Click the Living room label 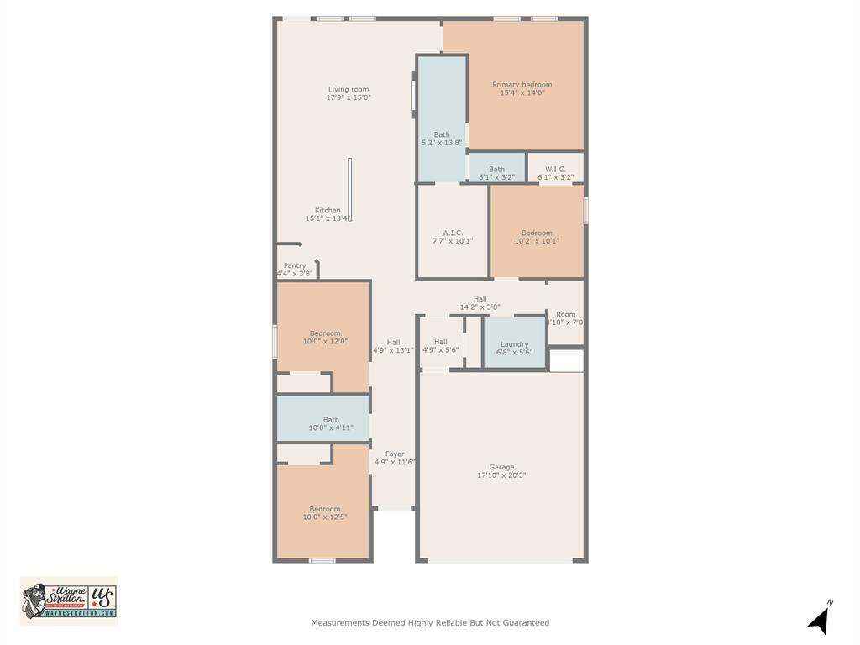tap(348, 90)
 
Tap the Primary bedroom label tap(522, 85)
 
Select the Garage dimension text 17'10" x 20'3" tap(501, 475)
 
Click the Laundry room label tap(514, 344)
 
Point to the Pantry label tap(294, 265)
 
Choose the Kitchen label tap(328, 211)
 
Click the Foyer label tap(394, 454)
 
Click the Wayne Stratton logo tap(69, 600)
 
